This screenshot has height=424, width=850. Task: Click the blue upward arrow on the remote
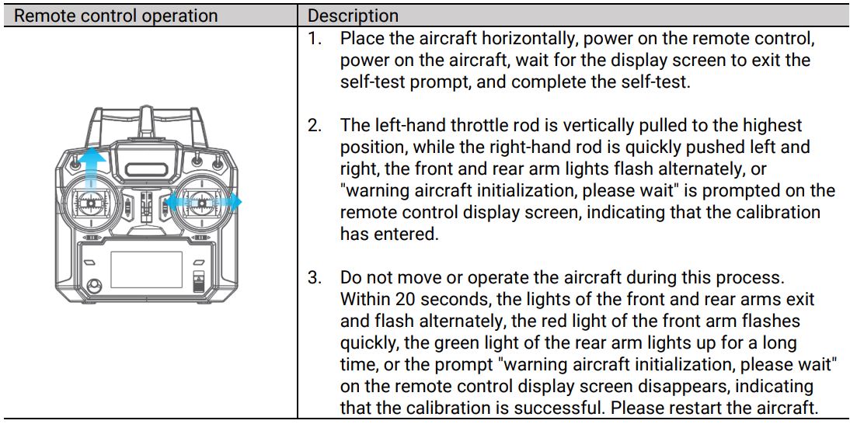point(92,167)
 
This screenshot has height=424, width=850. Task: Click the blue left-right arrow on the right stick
point(204,202)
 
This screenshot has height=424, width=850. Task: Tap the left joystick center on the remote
point(92,204)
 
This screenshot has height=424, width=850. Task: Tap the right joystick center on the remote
point(204,203)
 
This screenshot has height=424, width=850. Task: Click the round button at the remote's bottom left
point(95,287)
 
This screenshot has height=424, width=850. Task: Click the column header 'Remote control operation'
point(117,16)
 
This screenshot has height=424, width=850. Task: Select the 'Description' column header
point(354,16)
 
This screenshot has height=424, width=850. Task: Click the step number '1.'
point(315,38)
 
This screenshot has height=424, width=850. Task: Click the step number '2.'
point(315,126)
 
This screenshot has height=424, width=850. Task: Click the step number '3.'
point(315,278)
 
